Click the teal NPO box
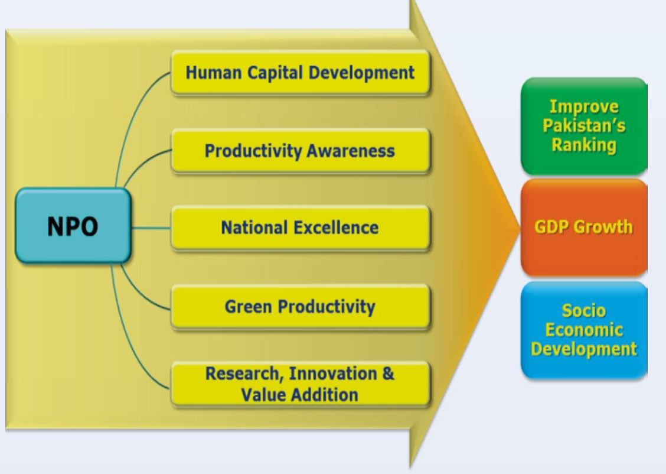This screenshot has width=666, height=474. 73,225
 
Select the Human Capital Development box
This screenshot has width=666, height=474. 301,72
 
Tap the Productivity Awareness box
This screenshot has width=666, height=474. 301,151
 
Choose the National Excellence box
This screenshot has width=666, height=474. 301,228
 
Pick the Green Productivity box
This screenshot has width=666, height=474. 301,307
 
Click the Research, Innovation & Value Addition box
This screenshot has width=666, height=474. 301,384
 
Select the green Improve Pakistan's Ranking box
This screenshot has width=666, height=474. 584,126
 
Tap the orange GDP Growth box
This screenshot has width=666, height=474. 584,228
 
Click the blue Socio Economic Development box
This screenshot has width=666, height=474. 584,330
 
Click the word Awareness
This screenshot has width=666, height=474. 350,151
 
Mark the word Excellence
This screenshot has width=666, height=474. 336,228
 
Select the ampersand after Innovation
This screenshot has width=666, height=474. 389,374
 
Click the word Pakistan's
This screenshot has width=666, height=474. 584,126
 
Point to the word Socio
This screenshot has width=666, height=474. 584,310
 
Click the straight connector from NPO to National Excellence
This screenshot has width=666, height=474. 151,228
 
